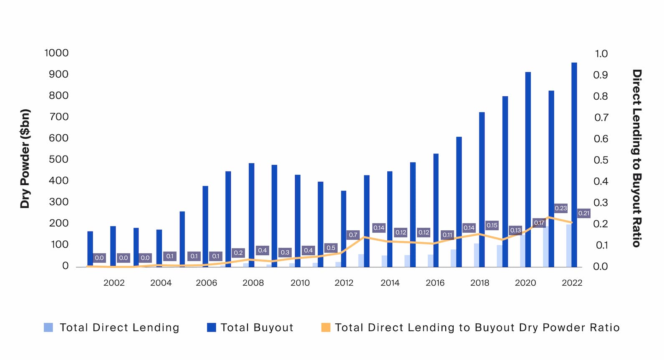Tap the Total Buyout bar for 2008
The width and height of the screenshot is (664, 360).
251,215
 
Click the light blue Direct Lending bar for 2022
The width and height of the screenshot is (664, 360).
568,246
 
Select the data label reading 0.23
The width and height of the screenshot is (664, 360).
560,208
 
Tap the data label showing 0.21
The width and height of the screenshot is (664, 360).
583,213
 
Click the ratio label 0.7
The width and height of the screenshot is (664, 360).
353,235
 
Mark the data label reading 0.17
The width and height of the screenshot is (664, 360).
539,223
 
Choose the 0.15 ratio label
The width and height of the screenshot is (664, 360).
492,225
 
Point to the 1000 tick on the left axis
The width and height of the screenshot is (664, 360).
56,53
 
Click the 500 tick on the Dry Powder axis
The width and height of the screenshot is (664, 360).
58,159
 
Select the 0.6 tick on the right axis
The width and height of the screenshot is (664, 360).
601,139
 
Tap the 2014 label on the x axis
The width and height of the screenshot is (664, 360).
390,283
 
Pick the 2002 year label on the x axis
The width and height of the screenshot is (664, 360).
114,283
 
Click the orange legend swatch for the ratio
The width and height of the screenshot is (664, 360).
326,327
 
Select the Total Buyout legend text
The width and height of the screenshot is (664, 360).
257,327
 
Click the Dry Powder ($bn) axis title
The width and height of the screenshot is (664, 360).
25,159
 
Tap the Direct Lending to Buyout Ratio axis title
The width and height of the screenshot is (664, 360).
636,159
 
